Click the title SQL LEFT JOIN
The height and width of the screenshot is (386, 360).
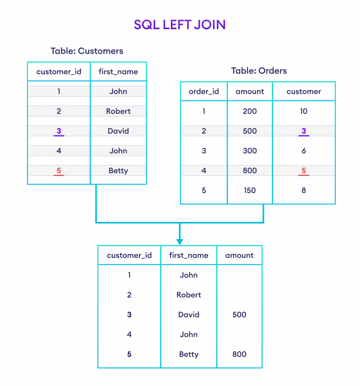click(180, 25)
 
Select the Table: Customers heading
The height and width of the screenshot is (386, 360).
click(87, 51)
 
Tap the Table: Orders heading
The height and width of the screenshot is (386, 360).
click(259, 71)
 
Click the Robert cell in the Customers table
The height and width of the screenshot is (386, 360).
click(118, 111)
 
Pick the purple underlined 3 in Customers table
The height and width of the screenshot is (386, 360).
click(59, 131)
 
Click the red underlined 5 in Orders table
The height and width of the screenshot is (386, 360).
click(304, 171)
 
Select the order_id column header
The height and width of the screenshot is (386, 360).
click(204, 92)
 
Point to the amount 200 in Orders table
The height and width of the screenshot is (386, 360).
click(250, 111)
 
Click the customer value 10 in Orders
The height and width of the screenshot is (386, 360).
click(304, 111)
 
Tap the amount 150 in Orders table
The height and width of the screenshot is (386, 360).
click(250, 190)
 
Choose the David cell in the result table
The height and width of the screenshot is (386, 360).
click(189, 315)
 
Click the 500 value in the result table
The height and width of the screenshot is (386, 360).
click(239, 315)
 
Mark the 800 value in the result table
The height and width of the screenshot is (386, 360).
click(239, 354)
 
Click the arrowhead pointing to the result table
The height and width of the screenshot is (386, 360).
click(180, 242)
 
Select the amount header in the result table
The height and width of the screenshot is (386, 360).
click(239, 255)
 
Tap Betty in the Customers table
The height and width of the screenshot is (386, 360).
click(118, 171)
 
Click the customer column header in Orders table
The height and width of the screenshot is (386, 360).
click(304, 92)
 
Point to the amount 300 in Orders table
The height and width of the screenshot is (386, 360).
click(250, 151)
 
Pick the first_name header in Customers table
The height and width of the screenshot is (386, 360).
click(118, 72)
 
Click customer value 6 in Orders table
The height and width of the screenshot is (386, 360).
click(304, 151)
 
